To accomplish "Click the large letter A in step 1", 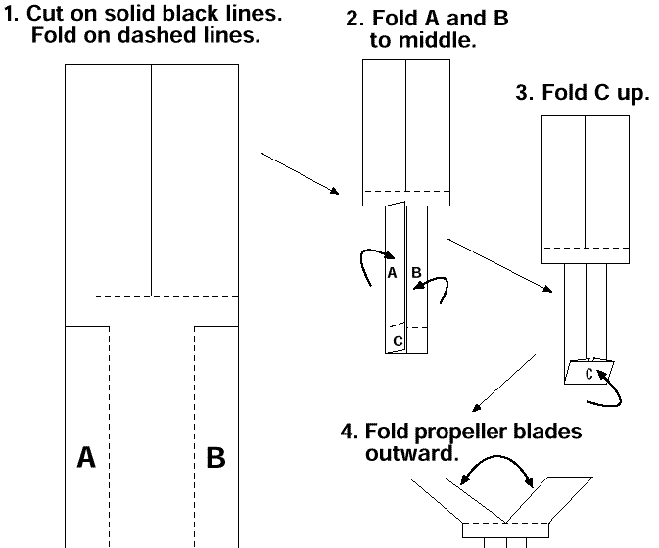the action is pos(86,457).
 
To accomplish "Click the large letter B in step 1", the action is pos(215,457).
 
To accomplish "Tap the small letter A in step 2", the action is pos(392,273).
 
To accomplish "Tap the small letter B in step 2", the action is pos(416,272).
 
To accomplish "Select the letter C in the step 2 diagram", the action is pos(398,341).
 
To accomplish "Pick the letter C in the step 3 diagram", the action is pos(589,374).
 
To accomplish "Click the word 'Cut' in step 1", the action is pos(45,14).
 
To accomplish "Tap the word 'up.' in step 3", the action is pos(634,93).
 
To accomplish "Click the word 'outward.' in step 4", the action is pos(412,453).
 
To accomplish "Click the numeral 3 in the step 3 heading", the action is pos(522,92).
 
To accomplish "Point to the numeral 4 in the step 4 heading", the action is pos(347,431).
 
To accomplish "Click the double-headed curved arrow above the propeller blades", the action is pos(496,456).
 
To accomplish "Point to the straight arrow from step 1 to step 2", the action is pos(300,173).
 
